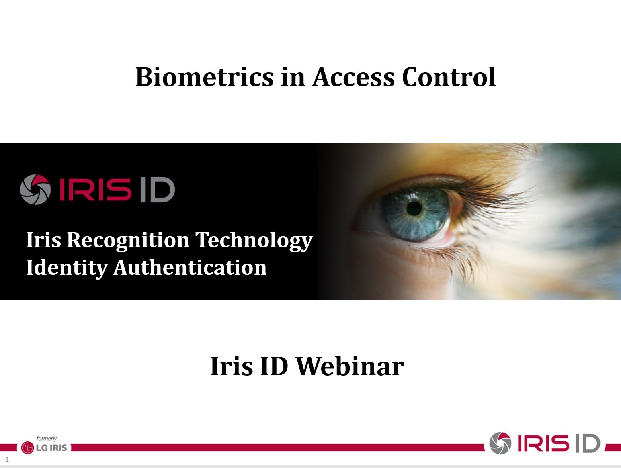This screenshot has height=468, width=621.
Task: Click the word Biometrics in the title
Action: point(205,77)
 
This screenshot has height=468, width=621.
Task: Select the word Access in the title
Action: point(353,77)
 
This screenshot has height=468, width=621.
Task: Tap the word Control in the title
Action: point(449,77)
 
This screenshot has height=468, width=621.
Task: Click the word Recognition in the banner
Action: point(128,241)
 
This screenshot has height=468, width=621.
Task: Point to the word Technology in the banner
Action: point(254,241)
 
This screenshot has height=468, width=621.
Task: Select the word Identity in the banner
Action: point(67,268)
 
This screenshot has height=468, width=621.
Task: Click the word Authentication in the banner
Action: point(190,267)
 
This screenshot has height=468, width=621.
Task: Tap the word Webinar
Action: point(350,366)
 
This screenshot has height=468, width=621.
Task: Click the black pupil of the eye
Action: point(414,208)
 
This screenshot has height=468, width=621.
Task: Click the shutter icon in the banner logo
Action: point(35,190)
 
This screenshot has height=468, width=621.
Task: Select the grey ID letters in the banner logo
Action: point(158,190)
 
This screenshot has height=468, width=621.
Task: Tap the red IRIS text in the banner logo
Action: point(96,190)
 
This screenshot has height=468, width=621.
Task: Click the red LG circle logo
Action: point(27,448)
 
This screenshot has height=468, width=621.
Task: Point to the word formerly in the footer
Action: point(46,438)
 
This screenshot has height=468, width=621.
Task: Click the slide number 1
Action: point(7,459)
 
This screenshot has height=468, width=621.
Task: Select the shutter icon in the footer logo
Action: point(500,443)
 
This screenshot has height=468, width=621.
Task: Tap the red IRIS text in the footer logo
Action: point(543,443)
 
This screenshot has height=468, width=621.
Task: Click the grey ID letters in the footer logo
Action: point(588,443)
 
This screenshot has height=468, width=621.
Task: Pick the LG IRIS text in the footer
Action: point(51,448)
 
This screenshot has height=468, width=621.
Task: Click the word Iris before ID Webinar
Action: point(232,366)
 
